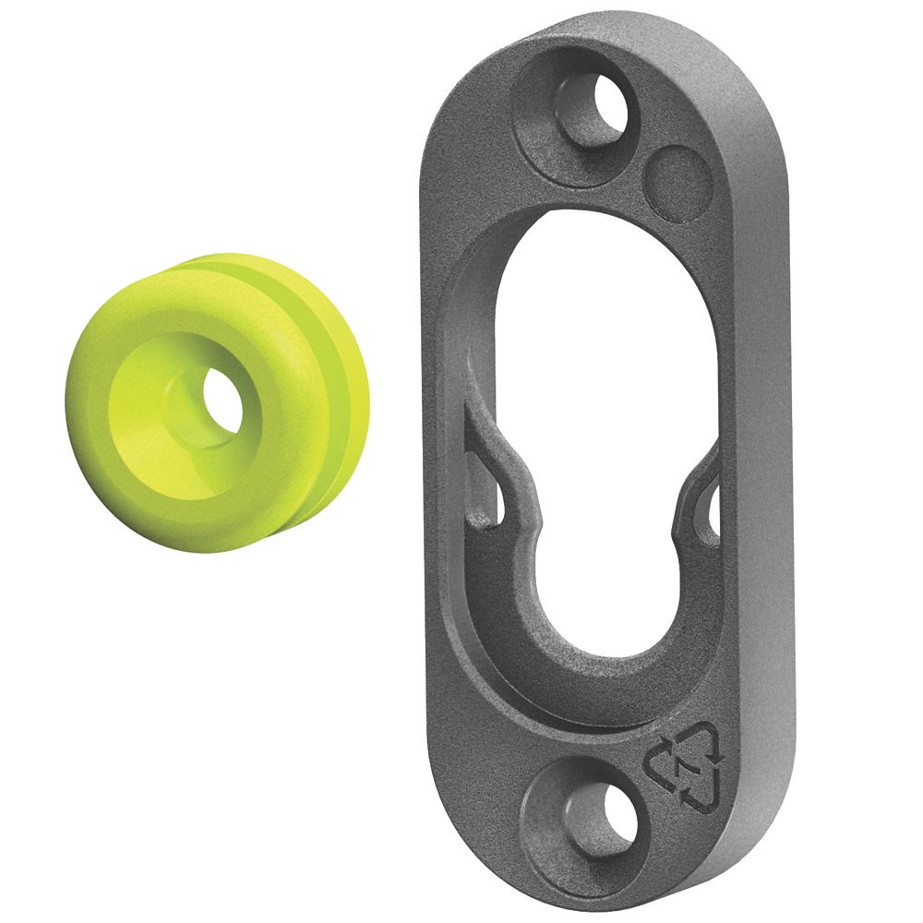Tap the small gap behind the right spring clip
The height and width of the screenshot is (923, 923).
(712, 503)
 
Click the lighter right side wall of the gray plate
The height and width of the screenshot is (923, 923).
(771, 461)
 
